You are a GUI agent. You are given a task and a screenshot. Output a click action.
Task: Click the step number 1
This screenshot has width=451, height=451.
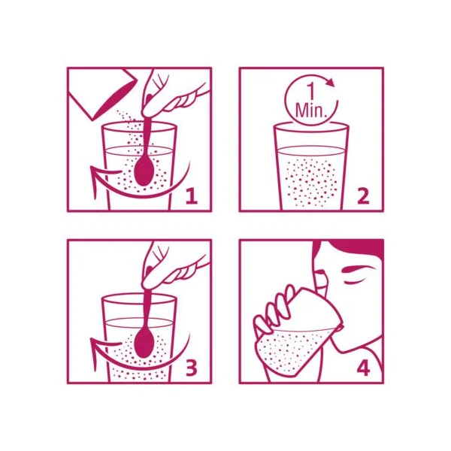[192, 196]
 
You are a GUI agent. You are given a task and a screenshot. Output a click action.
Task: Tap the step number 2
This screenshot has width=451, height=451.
[363, 196]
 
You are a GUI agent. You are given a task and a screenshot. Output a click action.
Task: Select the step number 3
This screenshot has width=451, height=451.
[191, 368]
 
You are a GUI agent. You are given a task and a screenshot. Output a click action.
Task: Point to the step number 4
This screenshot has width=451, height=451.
[363, 368]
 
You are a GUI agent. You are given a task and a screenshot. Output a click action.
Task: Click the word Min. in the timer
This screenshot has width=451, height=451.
[311, 110]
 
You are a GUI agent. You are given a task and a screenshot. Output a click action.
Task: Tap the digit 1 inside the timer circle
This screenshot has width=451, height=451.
[310, 92]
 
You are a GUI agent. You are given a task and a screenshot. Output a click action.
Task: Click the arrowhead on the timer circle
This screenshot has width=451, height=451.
[331, 82]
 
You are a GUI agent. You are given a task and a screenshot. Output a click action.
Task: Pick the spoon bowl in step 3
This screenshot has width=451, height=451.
[144, 344]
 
